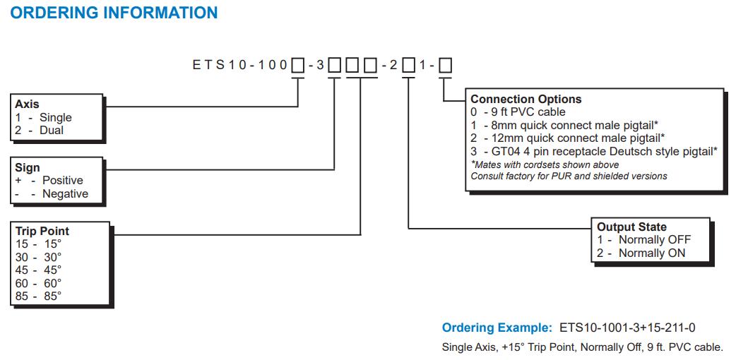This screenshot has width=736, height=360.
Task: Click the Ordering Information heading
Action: (114, 13)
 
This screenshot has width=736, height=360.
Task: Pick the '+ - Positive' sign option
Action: (49, 181)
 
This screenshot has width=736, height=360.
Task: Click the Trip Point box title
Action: (42, 231)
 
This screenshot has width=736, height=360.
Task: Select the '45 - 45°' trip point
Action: (38, 270)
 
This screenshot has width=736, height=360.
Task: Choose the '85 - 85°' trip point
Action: (38, 296)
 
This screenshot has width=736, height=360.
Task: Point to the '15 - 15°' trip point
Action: (38, 244)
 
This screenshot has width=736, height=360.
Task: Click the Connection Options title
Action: (526, 100)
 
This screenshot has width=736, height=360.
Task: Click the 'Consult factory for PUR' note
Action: (569, 176)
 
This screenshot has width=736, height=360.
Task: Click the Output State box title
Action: (631, 227)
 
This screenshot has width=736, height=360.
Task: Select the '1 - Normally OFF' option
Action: (643, 240)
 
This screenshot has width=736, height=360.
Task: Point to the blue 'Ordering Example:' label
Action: (497, 328)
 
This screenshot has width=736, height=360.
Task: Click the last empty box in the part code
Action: (446, 66)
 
